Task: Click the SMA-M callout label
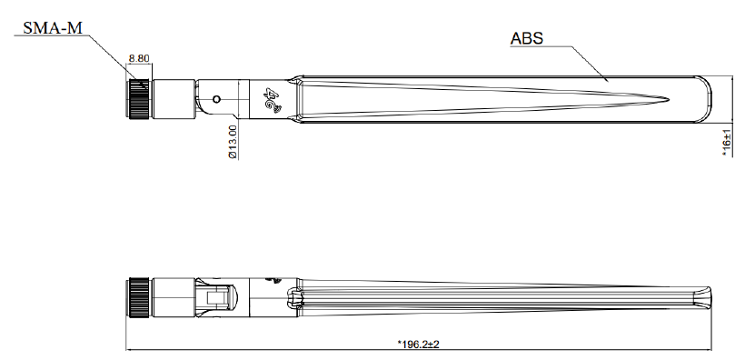click(53, 28)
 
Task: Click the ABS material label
click(526, 38)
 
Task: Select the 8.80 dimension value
click(139, 58)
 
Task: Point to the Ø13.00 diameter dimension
click(233, 142)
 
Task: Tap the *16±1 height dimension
click(727, 143)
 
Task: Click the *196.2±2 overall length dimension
click(418, 344)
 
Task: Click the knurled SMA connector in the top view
click(140, 99)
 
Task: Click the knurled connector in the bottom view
click(139, 298)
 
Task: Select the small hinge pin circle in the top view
click(216, 99)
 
